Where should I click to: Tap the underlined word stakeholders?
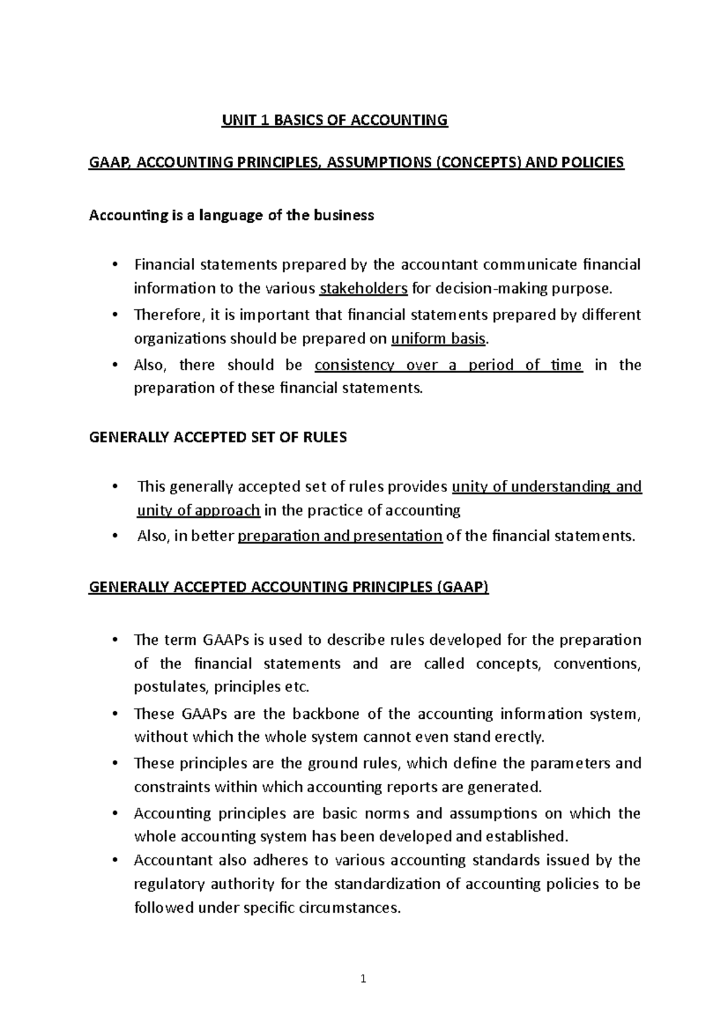coord(363,288)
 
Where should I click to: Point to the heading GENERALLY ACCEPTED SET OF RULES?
coord(218,438)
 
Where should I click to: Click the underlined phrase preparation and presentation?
coord(340,536)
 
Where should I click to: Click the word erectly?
coord(520,737)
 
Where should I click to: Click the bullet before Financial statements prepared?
coord(115,265)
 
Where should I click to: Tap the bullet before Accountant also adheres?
coord(115,861)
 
